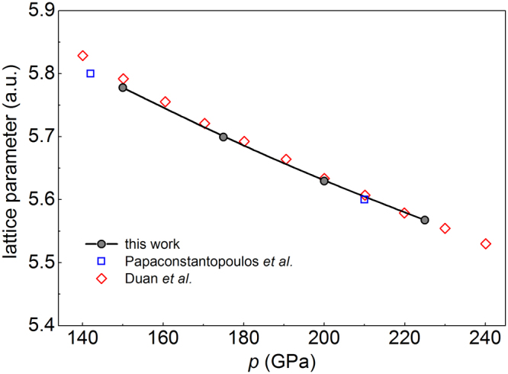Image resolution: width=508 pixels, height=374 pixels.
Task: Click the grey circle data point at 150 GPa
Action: click(x=123, y=88)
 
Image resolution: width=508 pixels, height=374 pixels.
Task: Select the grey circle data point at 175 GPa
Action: click(x=223, y=137)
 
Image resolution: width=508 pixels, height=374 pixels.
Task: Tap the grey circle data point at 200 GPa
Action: click(x=324, y=181)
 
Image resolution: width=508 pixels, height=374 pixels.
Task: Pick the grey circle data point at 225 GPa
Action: click(x=425, y=220)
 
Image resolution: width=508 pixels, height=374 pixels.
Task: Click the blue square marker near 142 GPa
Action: click(x=90, y=73)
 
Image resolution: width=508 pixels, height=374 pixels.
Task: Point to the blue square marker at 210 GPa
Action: click(x=365, y=199)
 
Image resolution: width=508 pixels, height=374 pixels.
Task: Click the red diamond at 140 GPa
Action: click(x=82, y=56)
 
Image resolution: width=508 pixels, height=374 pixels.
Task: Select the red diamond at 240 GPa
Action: click(x=486, y=243)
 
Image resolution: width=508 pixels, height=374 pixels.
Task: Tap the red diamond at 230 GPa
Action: click(x=445, y=228)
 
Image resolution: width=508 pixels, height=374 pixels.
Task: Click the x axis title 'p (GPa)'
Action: click(x=284, y=360)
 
